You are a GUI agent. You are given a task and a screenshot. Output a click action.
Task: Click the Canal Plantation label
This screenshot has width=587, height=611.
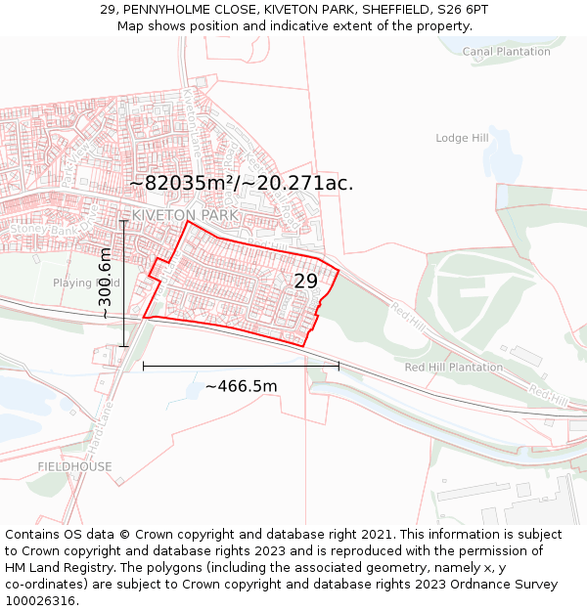click(506, 52)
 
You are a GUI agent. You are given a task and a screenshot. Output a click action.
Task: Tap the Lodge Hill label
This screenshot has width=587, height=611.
click(462, 139)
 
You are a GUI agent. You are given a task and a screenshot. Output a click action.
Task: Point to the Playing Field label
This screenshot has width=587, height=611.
click(86, 283)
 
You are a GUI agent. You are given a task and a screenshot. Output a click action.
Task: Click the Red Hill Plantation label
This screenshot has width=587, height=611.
click(454, 368)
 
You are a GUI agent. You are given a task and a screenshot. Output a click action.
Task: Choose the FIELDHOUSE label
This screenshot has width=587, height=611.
click(74, 466)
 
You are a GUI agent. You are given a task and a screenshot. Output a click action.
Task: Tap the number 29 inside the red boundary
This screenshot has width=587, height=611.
click(305, 282)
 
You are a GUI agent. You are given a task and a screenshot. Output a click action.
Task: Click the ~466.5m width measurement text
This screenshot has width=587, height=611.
click(241, 386)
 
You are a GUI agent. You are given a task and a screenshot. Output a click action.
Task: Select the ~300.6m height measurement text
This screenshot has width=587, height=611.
click(105, 284)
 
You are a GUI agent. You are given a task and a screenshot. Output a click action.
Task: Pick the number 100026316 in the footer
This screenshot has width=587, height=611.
click(42, 600)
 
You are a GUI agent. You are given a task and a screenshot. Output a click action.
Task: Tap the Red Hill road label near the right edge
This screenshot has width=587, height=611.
click(550, 394)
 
